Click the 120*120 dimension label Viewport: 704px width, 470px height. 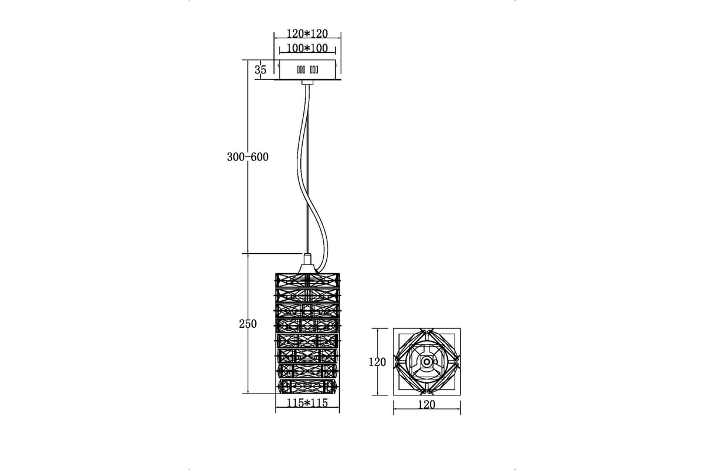point(307,33)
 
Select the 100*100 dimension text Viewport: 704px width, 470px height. point(307,48)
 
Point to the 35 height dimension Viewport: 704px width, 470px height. point(260,69)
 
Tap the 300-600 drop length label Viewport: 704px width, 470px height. point(248,157)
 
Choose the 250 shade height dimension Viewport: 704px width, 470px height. point(248,324)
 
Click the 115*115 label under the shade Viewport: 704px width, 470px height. point(307,403)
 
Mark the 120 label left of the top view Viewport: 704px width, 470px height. point(377,362)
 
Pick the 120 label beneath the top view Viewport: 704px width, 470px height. point(427,405)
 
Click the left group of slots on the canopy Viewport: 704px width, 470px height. point(301,69)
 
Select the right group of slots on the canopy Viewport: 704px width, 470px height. point(314,69)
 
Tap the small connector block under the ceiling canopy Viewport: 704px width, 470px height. point(307,82)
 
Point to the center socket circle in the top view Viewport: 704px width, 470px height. point(427,362)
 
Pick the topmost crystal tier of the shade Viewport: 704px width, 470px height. point(307,280)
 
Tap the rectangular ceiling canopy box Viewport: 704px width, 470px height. point(307,69)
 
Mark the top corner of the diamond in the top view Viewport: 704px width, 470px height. point(427,330)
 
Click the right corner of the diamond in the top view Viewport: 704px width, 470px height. point(459,362)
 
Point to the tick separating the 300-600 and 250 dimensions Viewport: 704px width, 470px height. point(248,253)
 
